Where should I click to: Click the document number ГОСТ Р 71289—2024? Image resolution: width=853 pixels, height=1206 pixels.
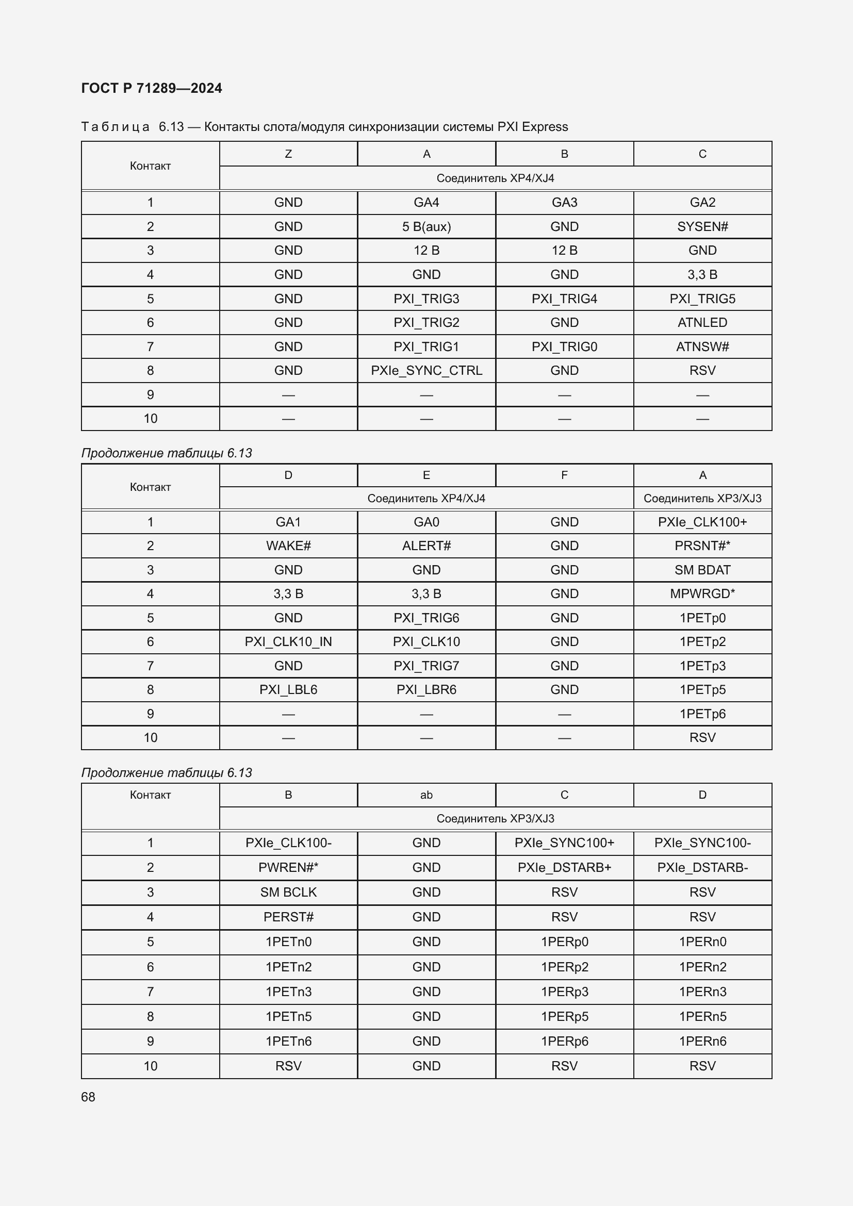(151, 88)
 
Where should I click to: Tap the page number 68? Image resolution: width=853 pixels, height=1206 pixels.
(88, 1097)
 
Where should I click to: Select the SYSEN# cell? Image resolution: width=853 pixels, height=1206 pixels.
(702, 226)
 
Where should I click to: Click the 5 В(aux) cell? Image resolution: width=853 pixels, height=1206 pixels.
(426, 226)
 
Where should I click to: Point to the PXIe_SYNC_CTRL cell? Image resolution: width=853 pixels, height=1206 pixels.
(426, 370)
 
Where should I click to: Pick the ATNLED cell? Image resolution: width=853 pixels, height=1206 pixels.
(702, 322)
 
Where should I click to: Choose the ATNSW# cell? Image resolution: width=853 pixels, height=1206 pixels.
(702, 346)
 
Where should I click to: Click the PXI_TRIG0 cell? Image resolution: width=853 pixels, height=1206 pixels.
(564, 346)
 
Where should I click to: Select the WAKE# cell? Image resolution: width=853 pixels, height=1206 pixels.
(288, 546)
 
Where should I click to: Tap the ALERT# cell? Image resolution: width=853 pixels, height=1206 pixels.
(426, 546)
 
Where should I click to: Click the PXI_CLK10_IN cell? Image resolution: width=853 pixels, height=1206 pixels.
(288, 641)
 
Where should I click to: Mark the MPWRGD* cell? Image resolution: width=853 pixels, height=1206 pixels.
(702, 593)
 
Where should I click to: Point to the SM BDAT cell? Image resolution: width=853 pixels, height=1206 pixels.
(702, 570)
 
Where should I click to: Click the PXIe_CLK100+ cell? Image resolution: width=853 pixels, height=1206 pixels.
(702, 522)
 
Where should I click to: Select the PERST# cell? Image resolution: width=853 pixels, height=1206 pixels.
(288, 917)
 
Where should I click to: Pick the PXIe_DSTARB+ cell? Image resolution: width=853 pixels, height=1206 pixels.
(564, 867)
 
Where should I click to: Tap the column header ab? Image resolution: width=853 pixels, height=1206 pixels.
(426, 795)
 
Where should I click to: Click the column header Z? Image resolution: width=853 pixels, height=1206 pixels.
(288, 154)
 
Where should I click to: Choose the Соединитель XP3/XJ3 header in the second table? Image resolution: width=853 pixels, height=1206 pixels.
(702, 498)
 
